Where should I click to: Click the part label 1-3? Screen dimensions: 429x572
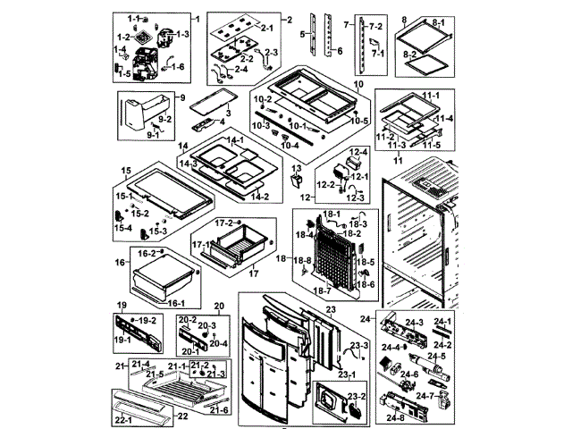183,34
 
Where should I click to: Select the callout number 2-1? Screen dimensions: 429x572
267,29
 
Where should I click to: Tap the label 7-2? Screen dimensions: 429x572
375,29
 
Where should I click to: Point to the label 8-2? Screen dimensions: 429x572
435,55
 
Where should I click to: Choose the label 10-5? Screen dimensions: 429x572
360,121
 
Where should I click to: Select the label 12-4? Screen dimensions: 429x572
358,153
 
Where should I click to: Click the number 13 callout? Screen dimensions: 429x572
295,168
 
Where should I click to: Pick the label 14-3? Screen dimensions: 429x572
189,164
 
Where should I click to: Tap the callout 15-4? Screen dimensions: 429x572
122,228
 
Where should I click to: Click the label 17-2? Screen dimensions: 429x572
225,222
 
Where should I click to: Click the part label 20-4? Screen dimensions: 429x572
219,343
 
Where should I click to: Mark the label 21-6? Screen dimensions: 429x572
219,409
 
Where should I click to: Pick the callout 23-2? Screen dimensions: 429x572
355,395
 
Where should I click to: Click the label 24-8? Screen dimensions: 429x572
395,416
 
